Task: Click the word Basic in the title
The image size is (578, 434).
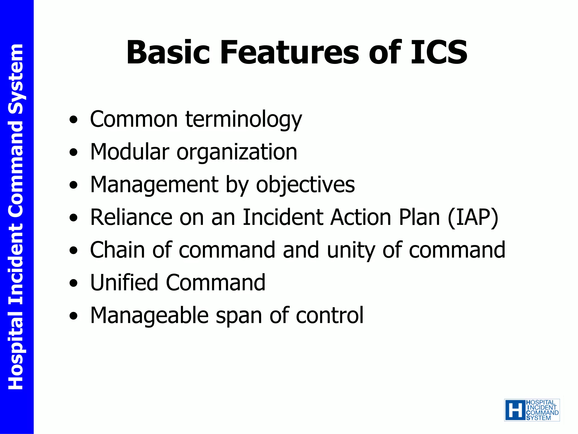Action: tap(168, 53)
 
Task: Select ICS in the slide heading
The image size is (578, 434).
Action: tap(439, 53)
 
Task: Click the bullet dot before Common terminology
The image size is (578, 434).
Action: tap(73, 120)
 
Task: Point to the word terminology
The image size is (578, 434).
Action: tap(244, 120)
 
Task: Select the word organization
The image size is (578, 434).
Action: tap(237, 152)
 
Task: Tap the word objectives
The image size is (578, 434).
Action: tap(305, 185)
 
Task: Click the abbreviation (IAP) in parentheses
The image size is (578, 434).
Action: tap(473, 218)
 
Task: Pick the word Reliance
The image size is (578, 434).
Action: tap(131, 218)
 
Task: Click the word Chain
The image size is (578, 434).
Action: tap(117, 250)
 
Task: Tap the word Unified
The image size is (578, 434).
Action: tap(124, 283)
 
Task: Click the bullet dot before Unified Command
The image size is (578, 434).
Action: tap(73, 283)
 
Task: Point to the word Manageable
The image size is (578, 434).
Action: tap(149, 316)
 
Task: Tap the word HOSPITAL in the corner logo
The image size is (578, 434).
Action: tap(540, 403)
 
